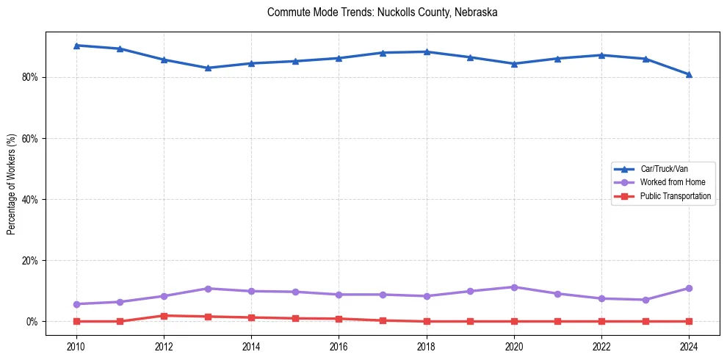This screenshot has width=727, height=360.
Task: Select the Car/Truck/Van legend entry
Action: point(664,170)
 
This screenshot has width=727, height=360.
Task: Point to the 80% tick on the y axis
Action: point(31,77)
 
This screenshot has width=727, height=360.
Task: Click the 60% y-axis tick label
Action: point(31,138)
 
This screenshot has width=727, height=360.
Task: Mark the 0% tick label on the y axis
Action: point(33,322)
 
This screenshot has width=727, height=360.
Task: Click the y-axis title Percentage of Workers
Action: point(12,184)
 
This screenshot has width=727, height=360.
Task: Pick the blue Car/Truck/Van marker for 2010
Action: point(76,46)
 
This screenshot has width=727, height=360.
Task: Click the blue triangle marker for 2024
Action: point(689,74)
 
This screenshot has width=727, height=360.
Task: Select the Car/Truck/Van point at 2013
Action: point(208,68)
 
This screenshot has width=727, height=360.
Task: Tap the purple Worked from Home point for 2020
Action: point(514,287)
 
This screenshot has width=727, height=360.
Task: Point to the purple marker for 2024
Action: point(689,288)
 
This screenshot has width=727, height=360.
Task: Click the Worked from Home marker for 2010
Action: point(76,304)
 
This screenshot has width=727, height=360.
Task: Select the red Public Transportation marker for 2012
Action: point(164,316)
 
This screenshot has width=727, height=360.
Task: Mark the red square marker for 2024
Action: point(689,321)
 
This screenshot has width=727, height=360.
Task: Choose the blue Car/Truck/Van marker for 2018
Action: point(427,51)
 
